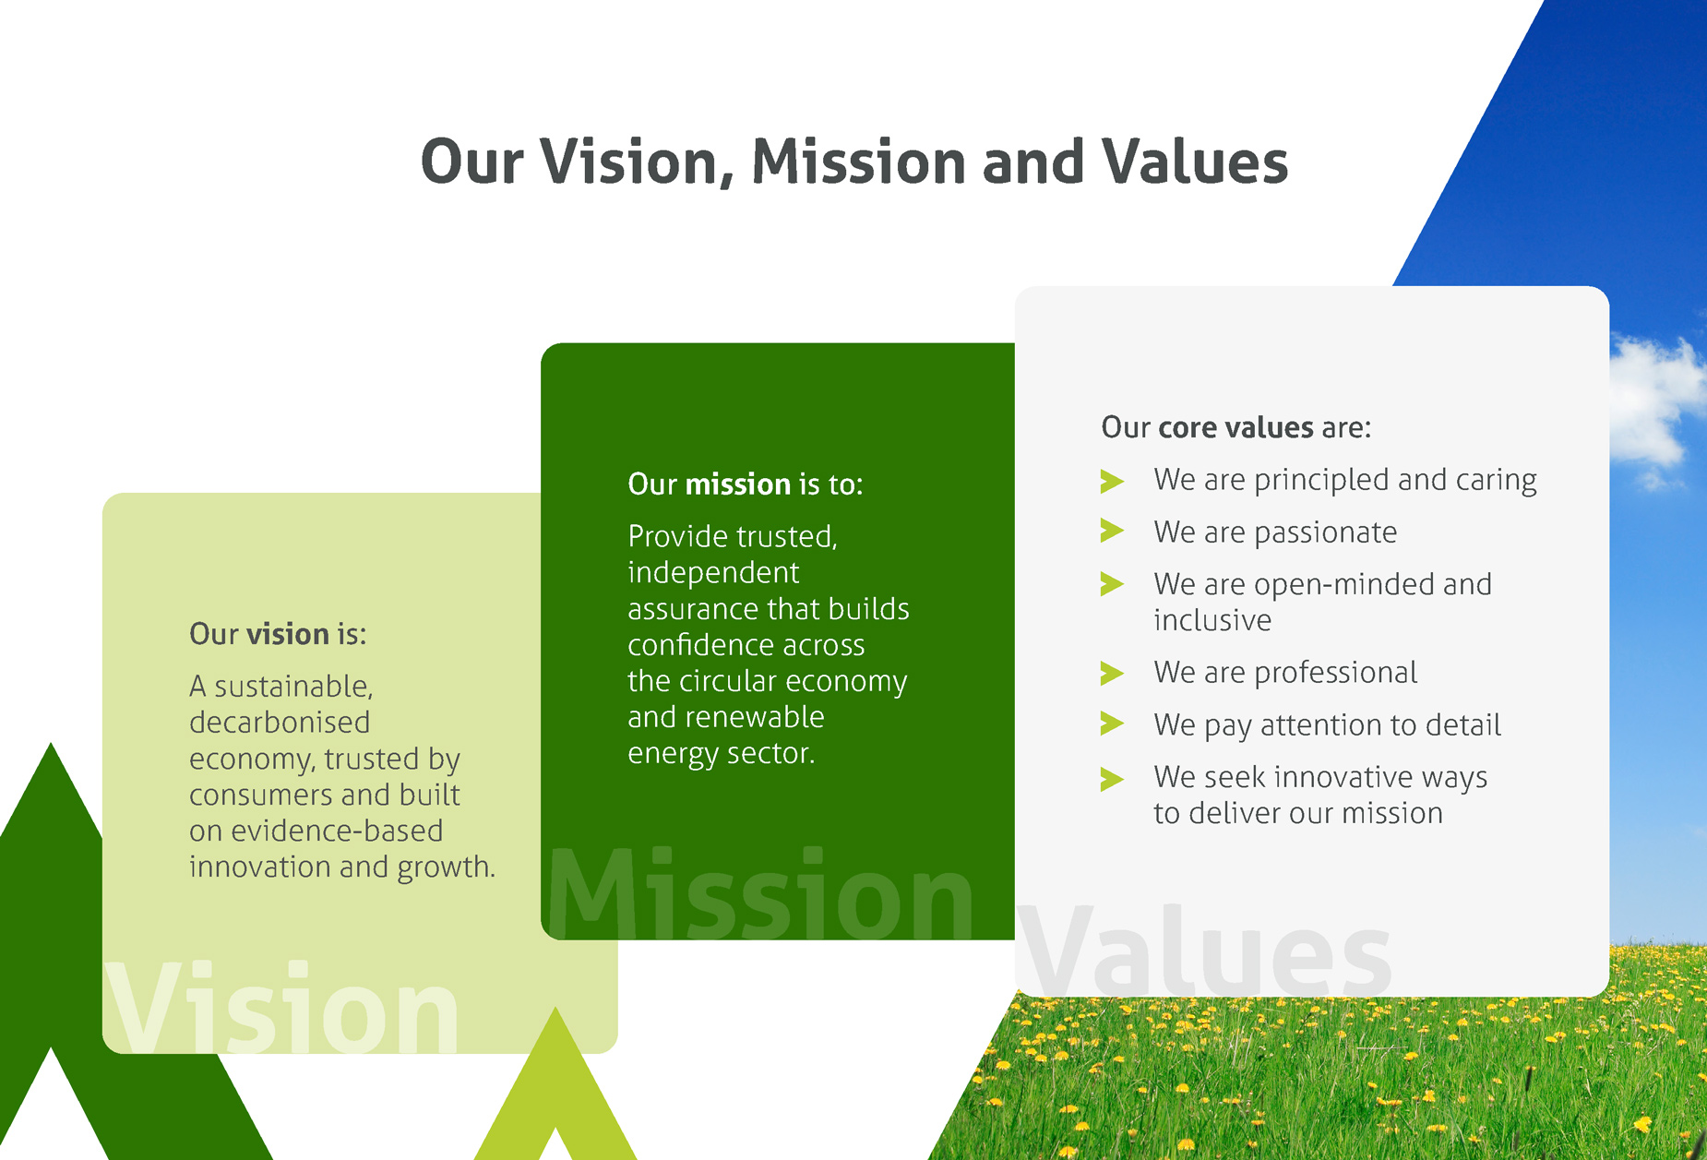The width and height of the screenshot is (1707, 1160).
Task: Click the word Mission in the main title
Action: pos(859,161)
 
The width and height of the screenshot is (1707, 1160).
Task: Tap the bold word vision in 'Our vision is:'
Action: pos(288,634)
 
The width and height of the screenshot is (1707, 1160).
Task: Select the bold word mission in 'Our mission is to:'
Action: pos(738,484)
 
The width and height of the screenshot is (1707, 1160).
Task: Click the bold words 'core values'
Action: pos(1235,427)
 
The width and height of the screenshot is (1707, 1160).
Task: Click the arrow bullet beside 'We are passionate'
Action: pos(1112,532)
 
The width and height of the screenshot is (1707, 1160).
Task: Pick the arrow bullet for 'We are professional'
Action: pos(1112,673)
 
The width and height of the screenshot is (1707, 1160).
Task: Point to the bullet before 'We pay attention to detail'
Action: pos(1112,724)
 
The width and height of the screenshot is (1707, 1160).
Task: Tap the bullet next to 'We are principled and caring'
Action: pos(1112,480)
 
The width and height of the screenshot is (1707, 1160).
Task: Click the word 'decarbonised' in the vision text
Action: pos(280,723)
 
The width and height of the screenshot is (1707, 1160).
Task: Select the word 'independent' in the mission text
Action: pos(713,573)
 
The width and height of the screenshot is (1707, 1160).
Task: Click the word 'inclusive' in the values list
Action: pos(1212,620)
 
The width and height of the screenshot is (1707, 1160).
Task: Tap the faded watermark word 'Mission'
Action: pos(760,893)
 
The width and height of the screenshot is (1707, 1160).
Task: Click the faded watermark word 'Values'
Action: pos(1204,951)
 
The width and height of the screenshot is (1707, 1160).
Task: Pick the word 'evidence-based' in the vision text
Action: pos(337,831)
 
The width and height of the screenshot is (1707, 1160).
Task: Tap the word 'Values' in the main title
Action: pos(1195,161)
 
